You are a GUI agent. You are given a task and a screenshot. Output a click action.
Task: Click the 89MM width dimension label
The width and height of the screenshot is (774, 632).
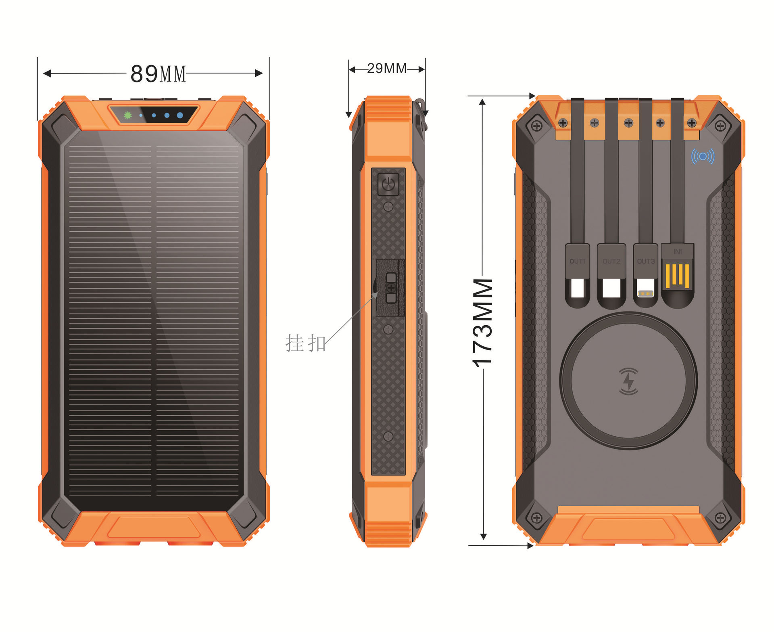pos(158,74)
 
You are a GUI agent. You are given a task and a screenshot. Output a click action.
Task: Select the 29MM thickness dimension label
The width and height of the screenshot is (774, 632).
pos(387,69)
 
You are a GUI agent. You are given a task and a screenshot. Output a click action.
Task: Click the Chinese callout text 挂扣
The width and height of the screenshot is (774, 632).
pos(305,343)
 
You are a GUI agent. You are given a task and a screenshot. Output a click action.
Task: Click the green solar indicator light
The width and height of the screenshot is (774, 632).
pos(128,115)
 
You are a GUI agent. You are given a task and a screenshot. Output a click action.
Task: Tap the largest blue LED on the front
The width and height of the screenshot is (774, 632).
pos(180,115)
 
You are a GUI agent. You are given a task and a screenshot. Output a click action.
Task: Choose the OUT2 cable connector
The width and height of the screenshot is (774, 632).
pos(611,275)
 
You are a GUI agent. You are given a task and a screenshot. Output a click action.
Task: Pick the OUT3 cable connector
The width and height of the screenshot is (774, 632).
pos(646,275)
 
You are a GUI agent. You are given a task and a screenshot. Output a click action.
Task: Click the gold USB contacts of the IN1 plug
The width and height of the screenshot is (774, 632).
pos(677,276)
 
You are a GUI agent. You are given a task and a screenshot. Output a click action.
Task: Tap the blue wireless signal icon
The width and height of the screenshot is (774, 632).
pos(703,156)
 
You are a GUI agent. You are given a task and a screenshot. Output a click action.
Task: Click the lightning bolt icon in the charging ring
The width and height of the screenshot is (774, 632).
pos(628,381)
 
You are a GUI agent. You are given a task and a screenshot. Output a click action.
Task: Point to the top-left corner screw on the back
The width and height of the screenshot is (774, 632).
pos(536,126)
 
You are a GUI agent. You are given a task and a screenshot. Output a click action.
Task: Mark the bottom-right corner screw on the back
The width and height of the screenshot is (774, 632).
pos(720,517)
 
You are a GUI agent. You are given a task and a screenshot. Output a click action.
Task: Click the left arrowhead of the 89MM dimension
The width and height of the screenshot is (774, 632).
pos(47,73)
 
